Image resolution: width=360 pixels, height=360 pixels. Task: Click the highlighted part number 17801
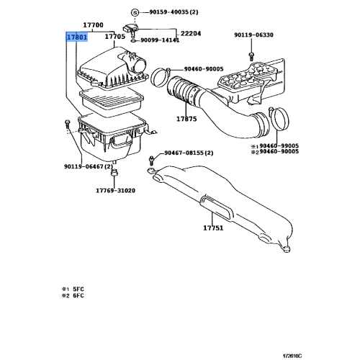pyautogui.click(x=76, y=36)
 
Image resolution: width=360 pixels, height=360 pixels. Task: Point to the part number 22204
pyautogui.click(x=191, y=33)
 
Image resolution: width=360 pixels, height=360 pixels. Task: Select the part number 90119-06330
pyautogui.click(x=253, y=35)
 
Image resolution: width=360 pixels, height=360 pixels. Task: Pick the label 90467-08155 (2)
pyautogui.click(x=189, y=153)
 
